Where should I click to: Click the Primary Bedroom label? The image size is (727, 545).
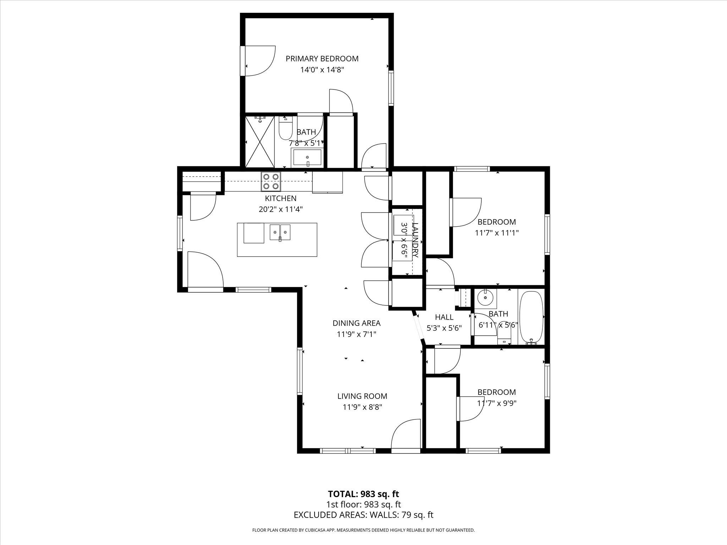tap(322, 59)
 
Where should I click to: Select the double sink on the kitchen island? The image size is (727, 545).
tap(280, 232)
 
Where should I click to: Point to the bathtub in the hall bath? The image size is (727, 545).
tap(531, 318)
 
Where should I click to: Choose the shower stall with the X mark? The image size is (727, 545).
tap(260, 142)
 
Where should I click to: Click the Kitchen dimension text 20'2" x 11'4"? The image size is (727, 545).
tap(280, 209)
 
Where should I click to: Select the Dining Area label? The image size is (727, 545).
tap(356, 323)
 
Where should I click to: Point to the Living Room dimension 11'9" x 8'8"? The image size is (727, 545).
tap(362, 407)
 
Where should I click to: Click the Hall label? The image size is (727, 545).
tap(444, 317)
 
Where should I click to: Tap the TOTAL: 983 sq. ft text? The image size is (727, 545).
tap(363, 494)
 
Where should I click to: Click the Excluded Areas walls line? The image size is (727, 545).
tap(363, 515)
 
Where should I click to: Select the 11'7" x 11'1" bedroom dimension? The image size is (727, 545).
tap(497, 233)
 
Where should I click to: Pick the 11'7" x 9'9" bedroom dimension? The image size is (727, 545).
tap(497, 403)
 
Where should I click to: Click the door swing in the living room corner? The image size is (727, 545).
tap(406, 435)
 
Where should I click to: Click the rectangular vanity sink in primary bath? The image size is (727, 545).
tap(307, 158)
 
